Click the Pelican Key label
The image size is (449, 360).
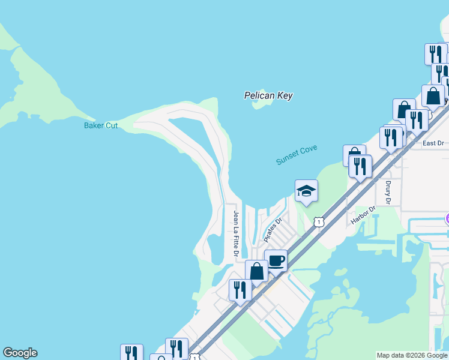tap(268, 95)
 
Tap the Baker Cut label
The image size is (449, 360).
tap(101, 125)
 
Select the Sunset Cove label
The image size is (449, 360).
tap(297, 155)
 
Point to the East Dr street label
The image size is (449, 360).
tap(433, 143)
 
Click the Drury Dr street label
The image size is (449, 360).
tap(388, 193)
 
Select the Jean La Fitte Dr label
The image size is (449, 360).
tap(237, 234)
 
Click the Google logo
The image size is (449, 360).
tap(20, 353)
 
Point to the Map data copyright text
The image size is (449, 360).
tap(412, 355)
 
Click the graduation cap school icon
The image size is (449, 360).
tap(306, 191)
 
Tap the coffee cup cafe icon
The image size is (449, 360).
tap(276, 260)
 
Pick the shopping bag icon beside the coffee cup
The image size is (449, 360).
tap(257, 271)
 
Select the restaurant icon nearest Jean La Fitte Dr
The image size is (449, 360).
tap(240, 290)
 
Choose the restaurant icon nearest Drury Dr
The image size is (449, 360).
tap(360, 166)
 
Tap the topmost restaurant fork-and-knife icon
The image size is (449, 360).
tap(436, 54)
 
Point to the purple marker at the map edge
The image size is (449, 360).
tap(447, 219)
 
